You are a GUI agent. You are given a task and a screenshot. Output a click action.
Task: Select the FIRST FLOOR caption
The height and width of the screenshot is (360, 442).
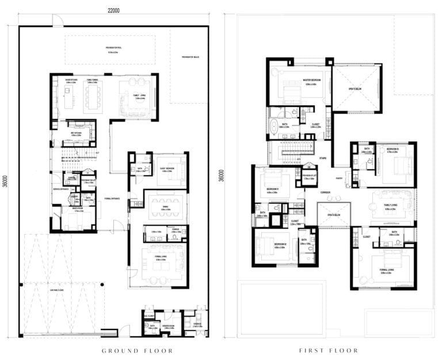pos(328,350)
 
